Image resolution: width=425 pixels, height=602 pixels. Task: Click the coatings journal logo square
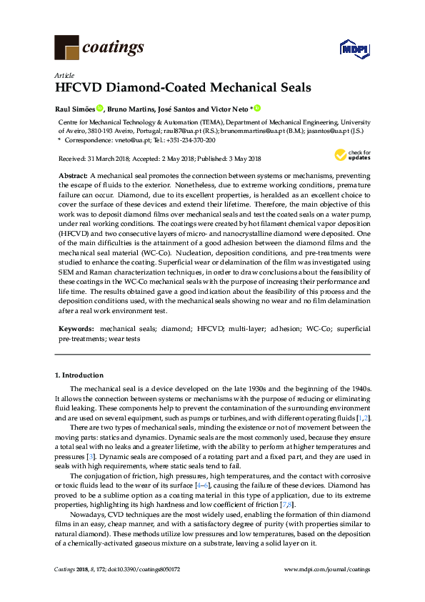[67, 47]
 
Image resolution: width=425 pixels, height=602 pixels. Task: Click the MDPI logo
[353, 49]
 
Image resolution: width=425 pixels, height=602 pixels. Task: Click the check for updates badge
[353, 155]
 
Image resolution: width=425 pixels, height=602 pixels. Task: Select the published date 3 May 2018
[243, 159]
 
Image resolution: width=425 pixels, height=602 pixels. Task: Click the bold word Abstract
[72, 176]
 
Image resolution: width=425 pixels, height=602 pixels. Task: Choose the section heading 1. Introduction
[79, 375]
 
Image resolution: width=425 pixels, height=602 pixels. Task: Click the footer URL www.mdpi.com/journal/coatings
[327, 568]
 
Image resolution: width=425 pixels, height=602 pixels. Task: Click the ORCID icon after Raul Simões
[99, 109]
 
